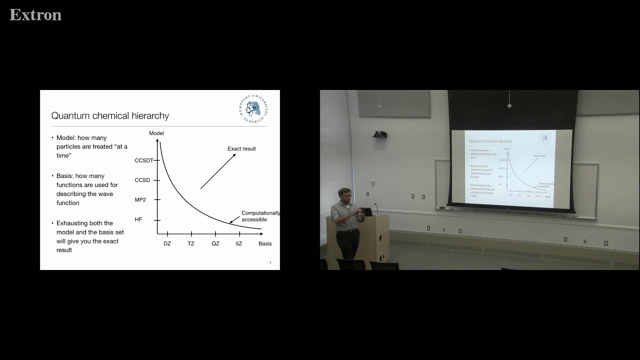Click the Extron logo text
35,15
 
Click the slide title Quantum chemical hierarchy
110,116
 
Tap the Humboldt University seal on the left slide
253,108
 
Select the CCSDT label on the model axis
144,160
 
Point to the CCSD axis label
142,180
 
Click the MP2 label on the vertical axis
140,200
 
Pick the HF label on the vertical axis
138,219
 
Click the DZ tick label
167,243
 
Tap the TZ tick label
191,243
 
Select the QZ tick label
215,243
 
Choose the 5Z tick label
239,243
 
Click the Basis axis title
265,243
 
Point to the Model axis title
156,133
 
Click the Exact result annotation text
241,148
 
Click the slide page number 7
270,262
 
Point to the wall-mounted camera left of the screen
380,133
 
